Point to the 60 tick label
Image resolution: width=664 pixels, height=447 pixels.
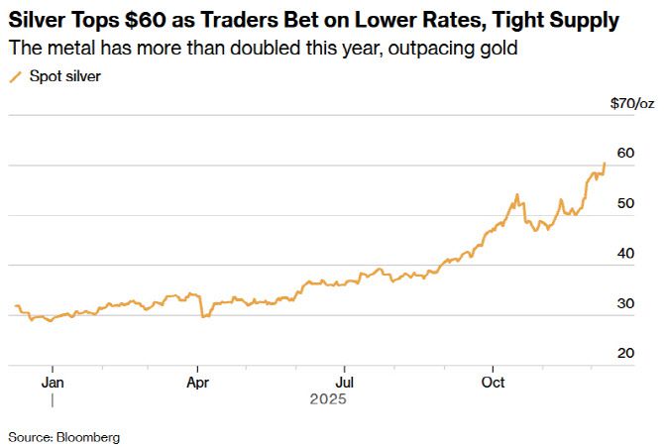click(624, 153)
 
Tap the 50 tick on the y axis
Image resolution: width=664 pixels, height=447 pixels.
click(624, 202)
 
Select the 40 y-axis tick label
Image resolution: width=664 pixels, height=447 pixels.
click(624, 253)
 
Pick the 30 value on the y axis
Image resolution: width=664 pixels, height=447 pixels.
click(624, 303)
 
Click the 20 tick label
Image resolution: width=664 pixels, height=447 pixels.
click(624, 353)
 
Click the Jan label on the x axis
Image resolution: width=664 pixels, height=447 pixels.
click(53, 382)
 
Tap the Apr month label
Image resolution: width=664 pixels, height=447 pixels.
click(198, 382)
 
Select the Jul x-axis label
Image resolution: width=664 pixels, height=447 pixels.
click(344, 382)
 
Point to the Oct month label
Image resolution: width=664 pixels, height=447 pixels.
click(492, 382)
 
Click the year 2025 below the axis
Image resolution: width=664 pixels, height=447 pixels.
click(326, 399)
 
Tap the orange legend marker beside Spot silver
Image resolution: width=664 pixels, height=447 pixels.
click(15, 76)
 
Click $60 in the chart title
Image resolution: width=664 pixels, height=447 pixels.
click(160, 20)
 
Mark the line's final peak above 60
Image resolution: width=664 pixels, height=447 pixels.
click(605, 164)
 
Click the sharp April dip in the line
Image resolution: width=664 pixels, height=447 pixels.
click(202, 316)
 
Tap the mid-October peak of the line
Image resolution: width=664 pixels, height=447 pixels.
click(517, 195)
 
